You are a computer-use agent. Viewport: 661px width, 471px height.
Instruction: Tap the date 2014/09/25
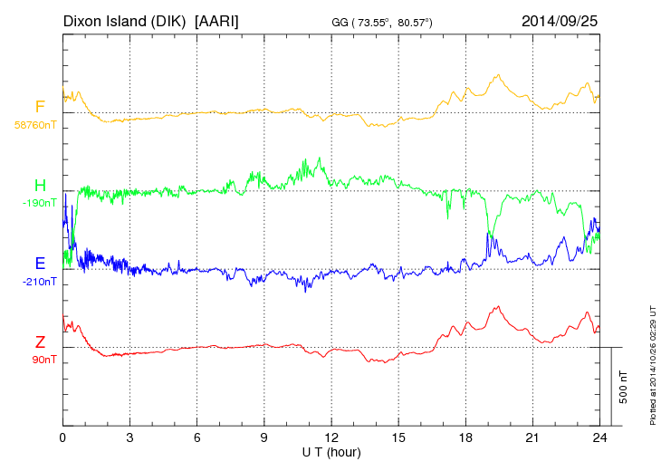(x=560, y=20)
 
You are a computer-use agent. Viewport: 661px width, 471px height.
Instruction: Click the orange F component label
(x=40, y=107)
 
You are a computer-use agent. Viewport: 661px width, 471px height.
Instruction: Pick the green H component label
(x=40, y=185)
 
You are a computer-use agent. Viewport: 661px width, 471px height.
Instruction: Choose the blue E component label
(x=40, y=264)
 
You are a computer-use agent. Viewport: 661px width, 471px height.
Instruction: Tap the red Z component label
(x=40, y=341)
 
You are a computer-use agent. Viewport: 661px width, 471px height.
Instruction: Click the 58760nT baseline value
(x=35, y=125)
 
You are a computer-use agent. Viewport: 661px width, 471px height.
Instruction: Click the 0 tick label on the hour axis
(x=62, y=437)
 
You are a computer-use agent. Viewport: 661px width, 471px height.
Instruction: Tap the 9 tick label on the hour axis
(x=264, y=437)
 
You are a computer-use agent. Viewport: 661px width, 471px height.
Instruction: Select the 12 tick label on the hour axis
(x=331, y=437)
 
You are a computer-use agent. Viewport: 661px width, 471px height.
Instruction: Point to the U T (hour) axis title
(x=331, y=451)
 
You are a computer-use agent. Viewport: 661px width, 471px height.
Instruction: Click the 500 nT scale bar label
(x=624, y=386)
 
